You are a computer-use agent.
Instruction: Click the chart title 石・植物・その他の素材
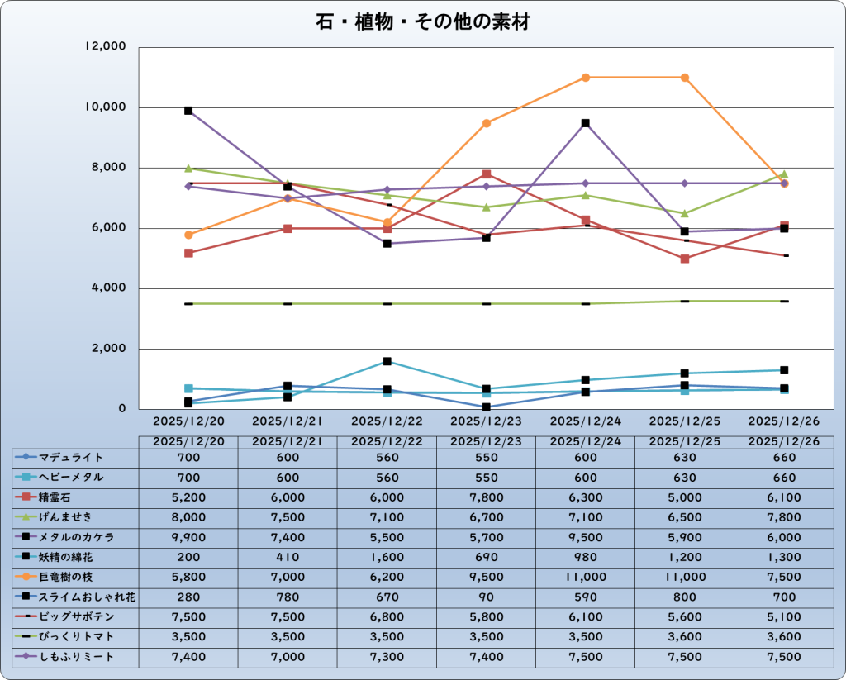point(422,21)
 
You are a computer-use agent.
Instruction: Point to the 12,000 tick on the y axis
point(105,47)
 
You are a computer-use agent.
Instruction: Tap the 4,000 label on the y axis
point(108,288)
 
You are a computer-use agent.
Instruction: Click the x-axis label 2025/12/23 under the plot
point(487,421)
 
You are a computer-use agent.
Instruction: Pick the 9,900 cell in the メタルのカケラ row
point(188,537)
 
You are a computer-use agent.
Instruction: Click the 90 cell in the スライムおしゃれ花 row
point(487,597)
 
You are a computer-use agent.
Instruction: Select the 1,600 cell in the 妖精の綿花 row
point(387,557)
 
